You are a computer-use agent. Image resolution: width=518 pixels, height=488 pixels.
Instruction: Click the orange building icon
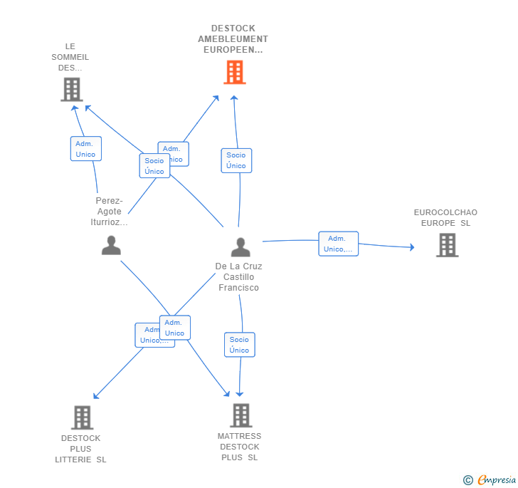[x=234, y=72]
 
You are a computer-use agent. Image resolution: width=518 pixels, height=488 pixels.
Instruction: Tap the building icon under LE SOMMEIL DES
[x=71, y=90]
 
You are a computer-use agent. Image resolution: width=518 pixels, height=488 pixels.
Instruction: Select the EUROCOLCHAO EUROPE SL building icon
[x=446, y=245]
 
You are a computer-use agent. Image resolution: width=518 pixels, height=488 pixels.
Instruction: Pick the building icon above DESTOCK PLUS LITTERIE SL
[x=82, y=417]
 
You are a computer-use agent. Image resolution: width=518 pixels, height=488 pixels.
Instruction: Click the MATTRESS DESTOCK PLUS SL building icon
[x=240, y=415]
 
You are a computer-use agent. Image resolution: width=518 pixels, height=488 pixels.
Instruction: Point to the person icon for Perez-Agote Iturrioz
[x=111, y=245]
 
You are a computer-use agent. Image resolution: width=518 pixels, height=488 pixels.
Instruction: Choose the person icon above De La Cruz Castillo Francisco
[x=240, y=247]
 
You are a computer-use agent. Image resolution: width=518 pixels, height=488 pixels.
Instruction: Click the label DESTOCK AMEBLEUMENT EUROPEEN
[x=233, y=39]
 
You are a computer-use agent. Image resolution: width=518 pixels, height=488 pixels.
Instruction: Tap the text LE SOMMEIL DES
[x=70, y=57]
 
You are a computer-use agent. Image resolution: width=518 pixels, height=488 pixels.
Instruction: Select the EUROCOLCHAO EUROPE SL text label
[x=445, y=217]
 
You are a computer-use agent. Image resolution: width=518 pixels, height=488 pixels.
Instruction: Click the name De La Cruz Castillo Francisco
[x=238, y=277]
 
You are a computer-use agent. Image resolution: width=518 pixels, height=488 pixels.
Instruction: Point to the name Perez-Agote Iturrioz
[x=109, y=211]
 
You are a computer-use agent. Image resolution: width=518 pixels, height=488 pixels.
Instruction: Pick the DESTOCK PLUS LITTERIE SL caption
[x=80, y=449]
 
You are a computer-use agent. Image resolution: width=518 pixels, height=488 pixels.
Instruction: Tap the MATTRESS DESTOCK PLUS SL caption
[x=239, y=447]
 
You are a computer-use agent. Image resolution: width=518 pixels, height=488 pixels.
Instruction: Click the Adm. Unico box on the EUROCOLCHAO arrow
[x=338, y=244]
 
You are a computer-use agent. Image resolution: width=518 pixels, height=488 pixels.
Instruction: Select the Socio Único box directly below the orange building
[x=236, y=160]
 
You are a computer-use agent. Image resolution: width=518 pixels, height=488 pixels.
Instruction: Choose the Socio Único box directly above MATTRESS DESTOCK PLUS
[x=239, y=345]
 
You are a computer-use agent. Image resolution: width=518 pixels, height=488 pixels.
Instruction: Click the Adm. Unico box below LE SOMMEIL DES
[x=85, y=149]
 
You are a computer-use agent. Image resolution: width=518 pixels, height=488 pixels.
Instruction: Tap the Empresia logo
[x=496, y=479]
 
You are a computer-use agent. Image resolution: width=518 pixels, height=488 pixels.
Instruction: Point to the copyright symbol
[x=467, y=480]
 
